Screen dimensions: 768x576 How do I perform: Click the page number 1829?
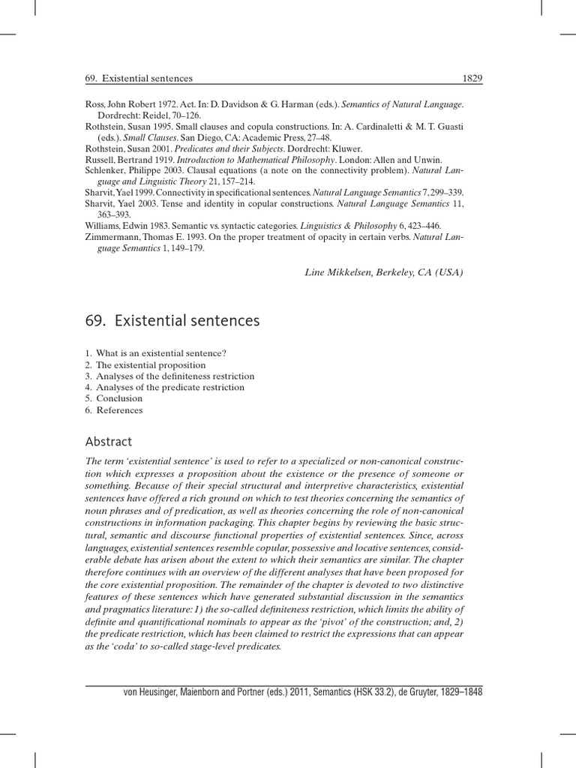(472, 78)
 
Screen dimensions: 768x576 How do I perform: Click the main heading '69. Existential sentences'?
(172, 321)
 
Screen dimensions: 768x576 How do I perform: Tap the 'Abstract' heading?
(109, 442)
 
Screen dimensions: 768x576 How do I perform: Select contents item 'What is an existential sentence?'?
(160, 352)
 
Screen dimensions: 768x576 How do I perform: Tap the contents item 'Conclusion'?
(118, 398)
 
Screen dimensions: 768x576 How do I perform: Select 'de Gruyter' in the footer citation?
(403, 692)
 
